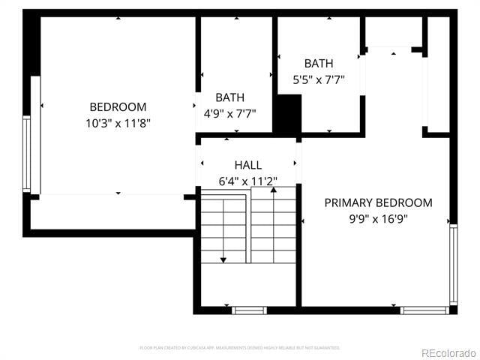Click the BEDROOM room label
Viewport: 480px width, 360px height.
(118, 107)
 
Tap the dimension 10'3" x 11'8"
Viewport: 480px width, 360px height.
(118, 123)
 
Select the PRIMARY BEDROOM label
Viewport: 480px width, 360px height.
(378, 202)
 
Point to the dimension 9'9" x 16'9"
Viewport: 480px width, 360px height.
(378, 219)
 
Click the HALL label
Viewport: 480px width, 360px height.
(248, 165)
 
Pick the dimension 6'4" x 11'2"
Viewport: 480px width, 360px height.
(248, 181)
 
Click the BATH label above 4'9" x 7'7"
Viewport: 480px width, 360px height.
(229, 97)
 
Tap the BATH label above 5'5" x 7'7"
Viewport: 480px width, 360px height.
(319, 64)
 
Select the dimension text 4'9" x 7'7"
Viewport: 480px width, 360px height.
(229, 114)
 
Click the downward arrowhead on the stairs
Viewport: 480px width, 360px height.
(223, 259)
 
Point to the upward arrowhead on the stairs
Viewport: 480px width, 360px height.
(274, 190)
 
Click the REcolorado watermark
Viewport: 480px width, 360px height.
(448, 352)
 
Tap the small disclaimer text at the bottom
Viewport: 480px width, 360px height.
(240, 348)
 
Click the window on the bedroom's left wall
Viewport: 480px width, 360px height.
(27, 153)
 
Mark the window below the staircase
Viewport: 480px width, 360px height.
(249, 310)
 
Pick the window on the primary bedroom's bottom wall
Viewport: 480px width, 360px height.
(424, 310)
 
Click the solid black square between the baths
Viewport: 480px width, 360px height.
(286, 115)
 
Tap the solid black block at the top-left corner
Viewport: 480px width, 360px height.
(31, 43)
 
